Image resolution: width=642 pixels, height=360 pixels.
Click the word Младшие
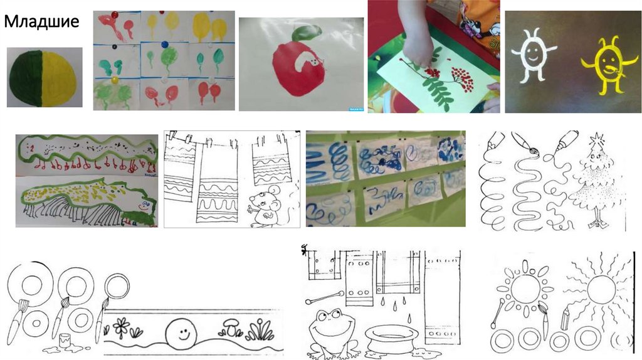click(x=41, y=22)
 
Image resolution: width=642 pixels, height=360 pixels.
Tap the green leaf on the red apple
click(x=308, y=33)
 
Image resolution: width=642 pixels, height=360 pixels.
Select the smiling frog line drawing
click(x=331, y=332)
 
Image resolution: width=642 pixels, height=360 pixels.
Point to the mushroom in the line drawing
click(x=231, y=327)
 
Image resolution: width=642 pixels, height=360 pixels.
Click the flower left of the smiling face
click(x=121, y=326)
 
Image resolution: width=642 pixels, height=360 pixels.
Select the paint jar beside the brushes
click(x=65, y=340)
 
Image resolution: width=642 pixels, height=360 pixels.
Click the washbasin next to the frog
click(x=391, y=339)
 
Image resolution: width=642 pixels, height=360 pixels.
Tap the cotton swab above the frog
click(x=325, y=297)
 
